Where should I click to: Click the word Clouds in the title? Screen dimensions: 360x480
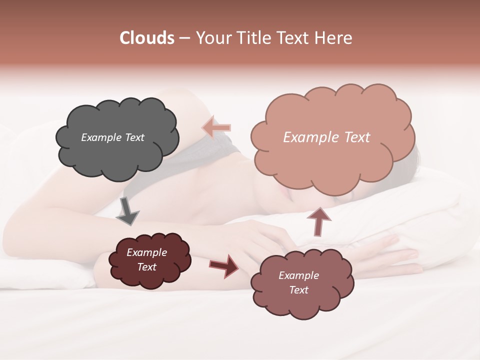point(147,38)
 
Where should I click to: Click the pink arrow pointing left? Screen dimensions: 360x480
point(216,128)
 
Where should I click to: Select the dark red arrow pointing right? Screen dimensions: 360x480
point(224,266)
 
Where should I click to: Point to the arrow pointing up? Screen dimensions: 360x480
point(318,221)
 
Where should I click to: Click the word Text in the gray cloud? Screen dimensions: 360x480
point(134,137)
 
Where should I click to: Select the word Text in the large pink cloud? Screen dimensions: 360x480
point(356,137)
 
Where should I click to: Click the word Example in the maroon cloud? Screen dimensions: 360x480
point(146,252)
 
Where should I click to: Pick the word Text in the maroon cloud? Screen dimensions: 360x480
point(146,267)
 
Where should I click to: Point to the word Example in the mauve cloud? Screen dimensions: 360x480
point(298,275)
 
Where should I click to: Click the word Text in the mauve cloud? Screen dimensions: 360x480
point(298,290)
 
